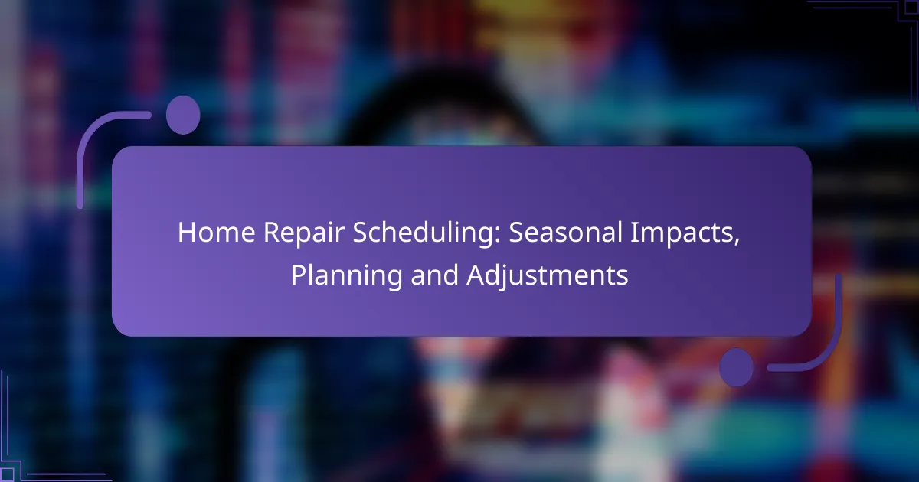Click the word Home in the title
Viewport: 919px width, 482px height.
216,233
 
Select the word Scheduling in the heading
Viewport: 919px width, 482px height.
422,234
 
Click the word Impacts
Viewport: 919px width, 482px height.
682,233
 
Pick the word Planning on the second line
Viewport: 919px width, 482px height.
347,276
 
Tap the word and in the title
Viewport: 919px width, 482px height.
434,275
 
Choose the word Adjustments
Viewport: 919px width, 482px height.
548,276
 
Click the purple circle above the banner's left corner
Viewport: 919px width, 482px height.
183,115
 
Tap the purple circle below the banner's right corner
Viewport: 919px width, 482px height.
737,366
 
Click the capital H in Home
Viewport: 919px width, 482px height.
187,233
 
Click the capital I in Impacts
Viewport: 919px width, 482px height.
633,233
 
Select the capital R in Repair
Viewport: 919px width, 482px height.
272,233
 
